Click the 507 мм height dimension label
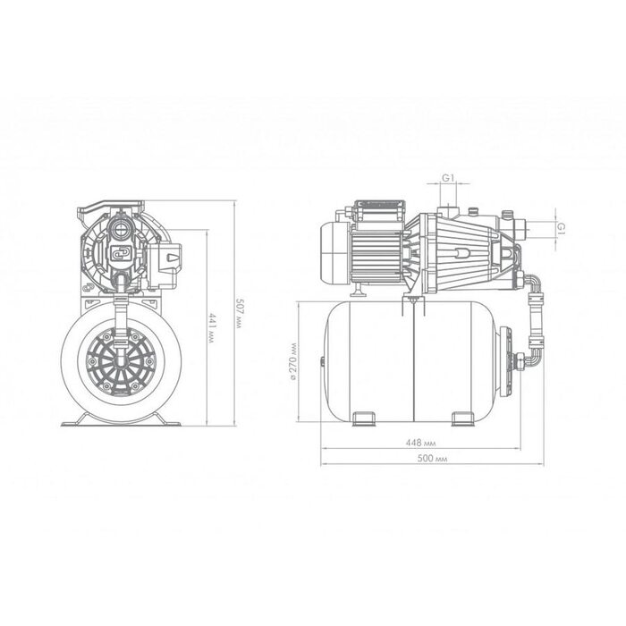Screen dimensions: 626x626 click(x=239, y=313)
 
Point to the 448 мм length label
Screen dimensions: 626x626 click(x=421, y=443)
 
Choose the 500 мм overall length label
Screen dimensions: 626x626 click(x=432, y=458)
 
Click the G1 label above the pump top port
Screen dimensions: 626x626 click(x=448, y=178)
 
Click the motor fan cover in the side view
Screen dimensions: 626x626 click(x=334, y=254)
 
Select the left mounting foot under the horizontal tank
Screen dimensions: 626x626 click(x=364, y=419)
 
